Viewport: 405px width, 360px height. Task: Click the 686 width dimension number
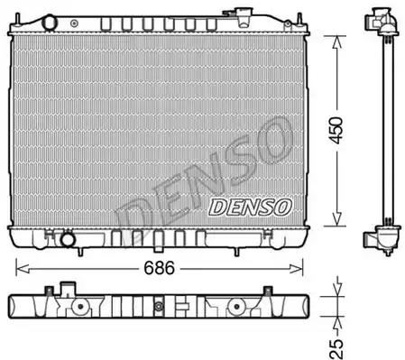159,268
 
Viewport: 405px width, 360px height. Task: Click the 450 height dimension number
336,131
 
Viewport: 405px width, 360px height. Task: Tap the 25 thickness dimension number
336,349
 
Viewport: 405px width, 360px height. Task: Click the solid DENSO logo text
250,208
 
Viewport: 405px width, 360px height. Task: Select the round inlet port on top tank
50,23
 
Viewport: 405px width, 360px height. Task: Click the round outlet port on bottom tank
68,240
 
